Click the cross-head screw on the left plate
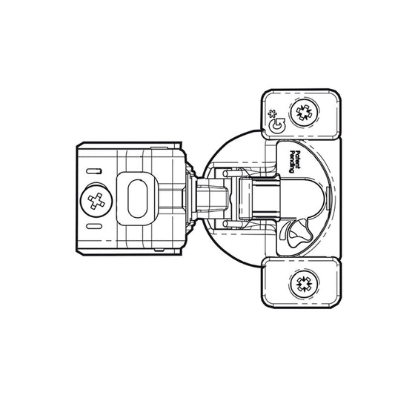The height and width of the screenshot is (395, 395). (x=96, y=201)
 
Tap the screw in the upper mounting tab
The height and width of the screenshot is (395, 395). (x=304, y=113)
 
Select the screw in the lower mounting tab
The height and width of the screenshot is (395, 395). (x=304, y=284)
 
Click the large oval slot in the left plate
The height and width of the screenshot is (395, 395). (x=137, y=199)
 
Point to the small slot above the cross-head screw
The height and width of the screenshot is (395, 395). (x=94, y=171)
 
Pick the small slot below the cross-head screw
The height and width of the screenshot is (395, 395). (x=94, y=226)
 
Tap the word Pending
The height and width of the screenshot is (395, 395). (x=292, y=162)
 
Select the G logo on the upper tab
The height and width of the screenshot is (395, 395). (x=277, y=125)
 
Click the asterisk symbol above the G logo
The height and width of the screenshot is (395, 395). (x=272, y=114)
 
